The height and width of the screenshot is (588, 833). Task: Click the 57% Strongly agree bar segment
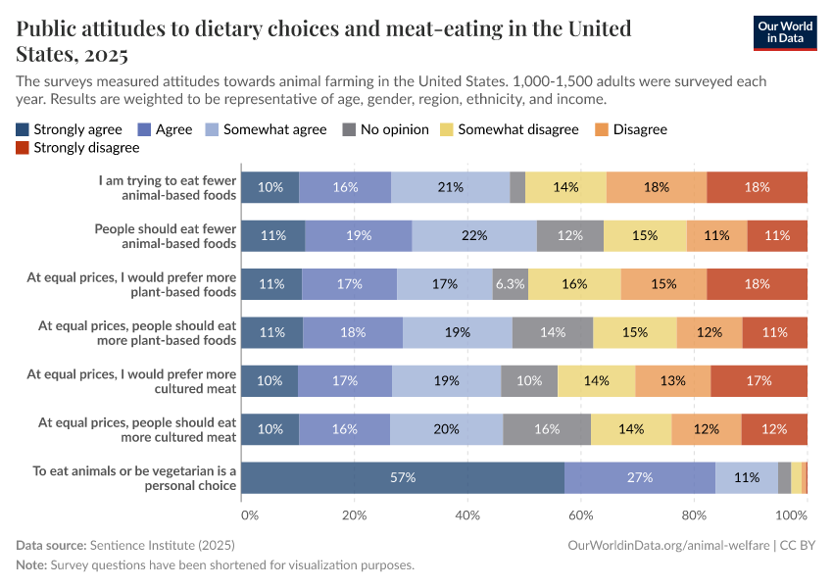(x=403, y=477)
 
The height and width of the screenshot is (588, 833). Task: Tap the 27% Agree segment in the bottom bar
(x=640, y=477)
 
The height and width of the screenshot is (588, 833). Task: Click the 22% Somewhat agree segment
(x=474, y=235)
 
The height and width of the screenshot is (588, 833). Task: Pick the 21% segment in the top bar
(x=451, y=187)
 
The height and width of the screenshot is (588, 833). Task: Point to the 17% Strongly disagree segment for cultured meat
(x=759, y=380)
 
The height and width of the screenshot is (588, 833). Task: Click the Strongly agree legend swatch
(x=23, y=129)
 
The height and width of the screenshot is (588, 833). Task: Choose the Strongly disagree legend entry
(x=77, y=148)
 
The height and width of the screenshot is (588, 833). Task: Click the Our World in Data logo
(x=785, y=33)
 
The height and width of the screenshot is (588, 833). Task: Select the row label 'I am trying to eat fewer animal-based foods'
(x=167, y=187)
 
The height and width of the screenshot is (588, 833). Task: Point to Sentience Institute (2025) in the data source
(x=162, y=544)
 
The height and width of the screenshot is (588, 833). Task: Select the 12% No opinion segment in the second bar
(x=570, y=235)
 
